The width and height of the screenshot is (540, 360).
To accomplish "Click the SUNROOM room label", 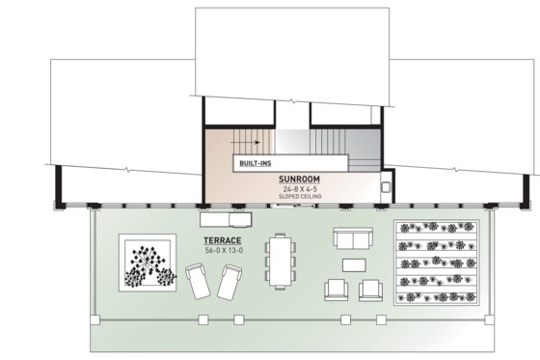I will (x=300, y=179).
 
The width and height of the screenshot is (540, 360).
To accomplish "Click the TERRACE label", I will (x=222, y=240).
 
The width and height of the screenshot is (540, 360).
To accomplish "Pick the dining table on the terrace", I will (x=281, y=261).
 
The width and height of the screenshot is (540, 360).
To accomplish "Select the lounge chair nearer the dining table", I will (x=229, y=284).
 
